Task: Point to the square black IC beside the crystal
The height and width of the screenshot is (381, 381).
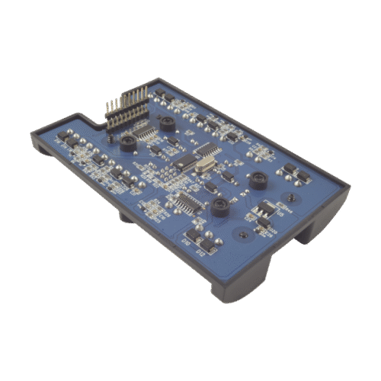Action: click(185, 162)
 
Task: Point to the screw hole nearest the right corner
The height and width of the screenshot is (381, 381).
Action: click(290, 200)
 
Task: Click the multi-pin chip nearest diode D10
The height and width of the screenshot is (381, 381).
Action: click(186, 204)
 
